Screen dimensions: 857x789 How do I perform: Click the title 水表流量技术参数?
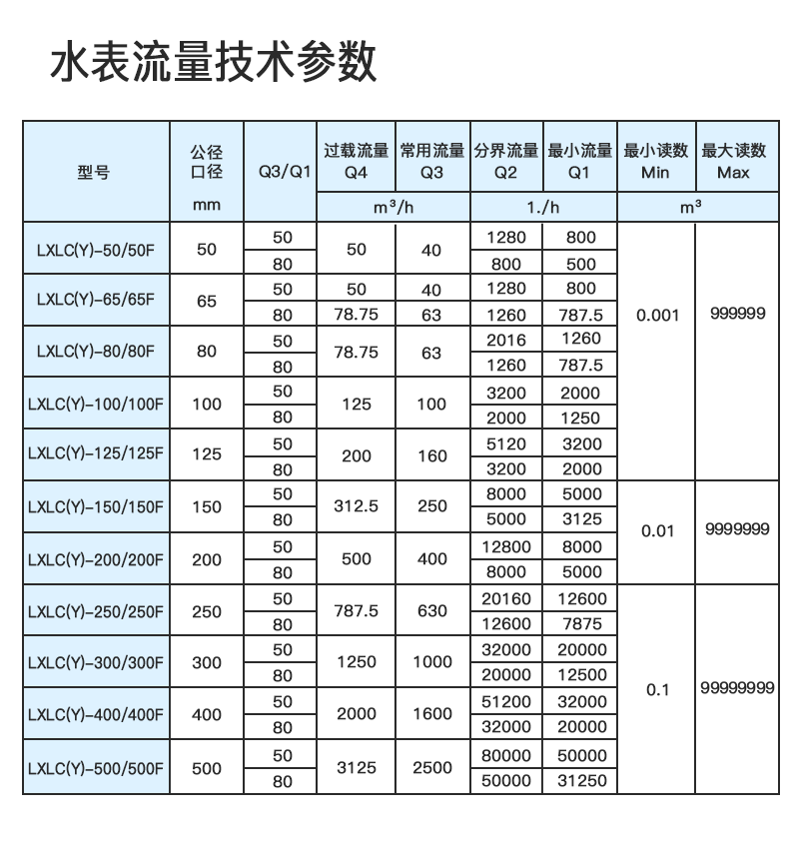(x=214, y=63)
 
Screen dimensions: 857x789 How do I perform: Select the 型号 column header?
(x=94, y=172)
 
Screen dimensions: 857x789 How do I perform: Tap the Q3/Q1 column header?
(x=280, y=172)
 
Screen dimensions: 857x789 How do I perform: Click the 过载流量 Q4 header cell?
(x=356, y=161)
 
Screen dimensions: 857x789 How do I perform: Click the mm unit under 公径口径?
(x=207, y=207)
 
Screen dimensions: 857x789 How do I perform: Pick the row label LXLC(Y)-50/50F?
(x=95, y=250)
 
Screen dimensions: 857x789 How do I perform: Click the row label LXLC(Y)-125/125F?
(x=95, y=454)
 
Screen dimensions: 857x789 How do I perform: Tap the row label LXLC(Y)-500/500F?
(x=95, y=768)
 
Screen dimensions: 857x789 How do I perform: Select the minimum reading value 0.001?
(x=656, y=315)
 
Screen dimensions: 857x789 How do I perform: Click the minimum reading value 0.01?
(x=657, y=530)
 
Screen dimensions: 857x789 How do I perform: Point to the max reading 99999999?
(x=738, y=688)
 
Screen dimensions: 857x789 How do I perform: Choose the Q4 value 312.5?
(x=356, y=506)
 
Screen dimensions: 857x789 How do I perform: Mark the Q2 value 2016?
(x=505, y=340)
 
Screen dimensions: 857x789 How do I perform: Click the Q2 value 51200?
(x=505, y=702)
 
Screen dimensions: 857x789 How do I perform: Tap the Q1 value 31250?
(x=581, y=781)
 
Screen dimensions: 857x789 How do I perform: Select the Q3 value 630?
(x=431, y=611)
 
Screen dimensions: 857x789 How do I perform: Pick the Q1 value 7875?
(x=581, y=624)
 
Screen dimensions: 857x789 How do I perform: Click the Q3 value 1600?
(x=431, y=715)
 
